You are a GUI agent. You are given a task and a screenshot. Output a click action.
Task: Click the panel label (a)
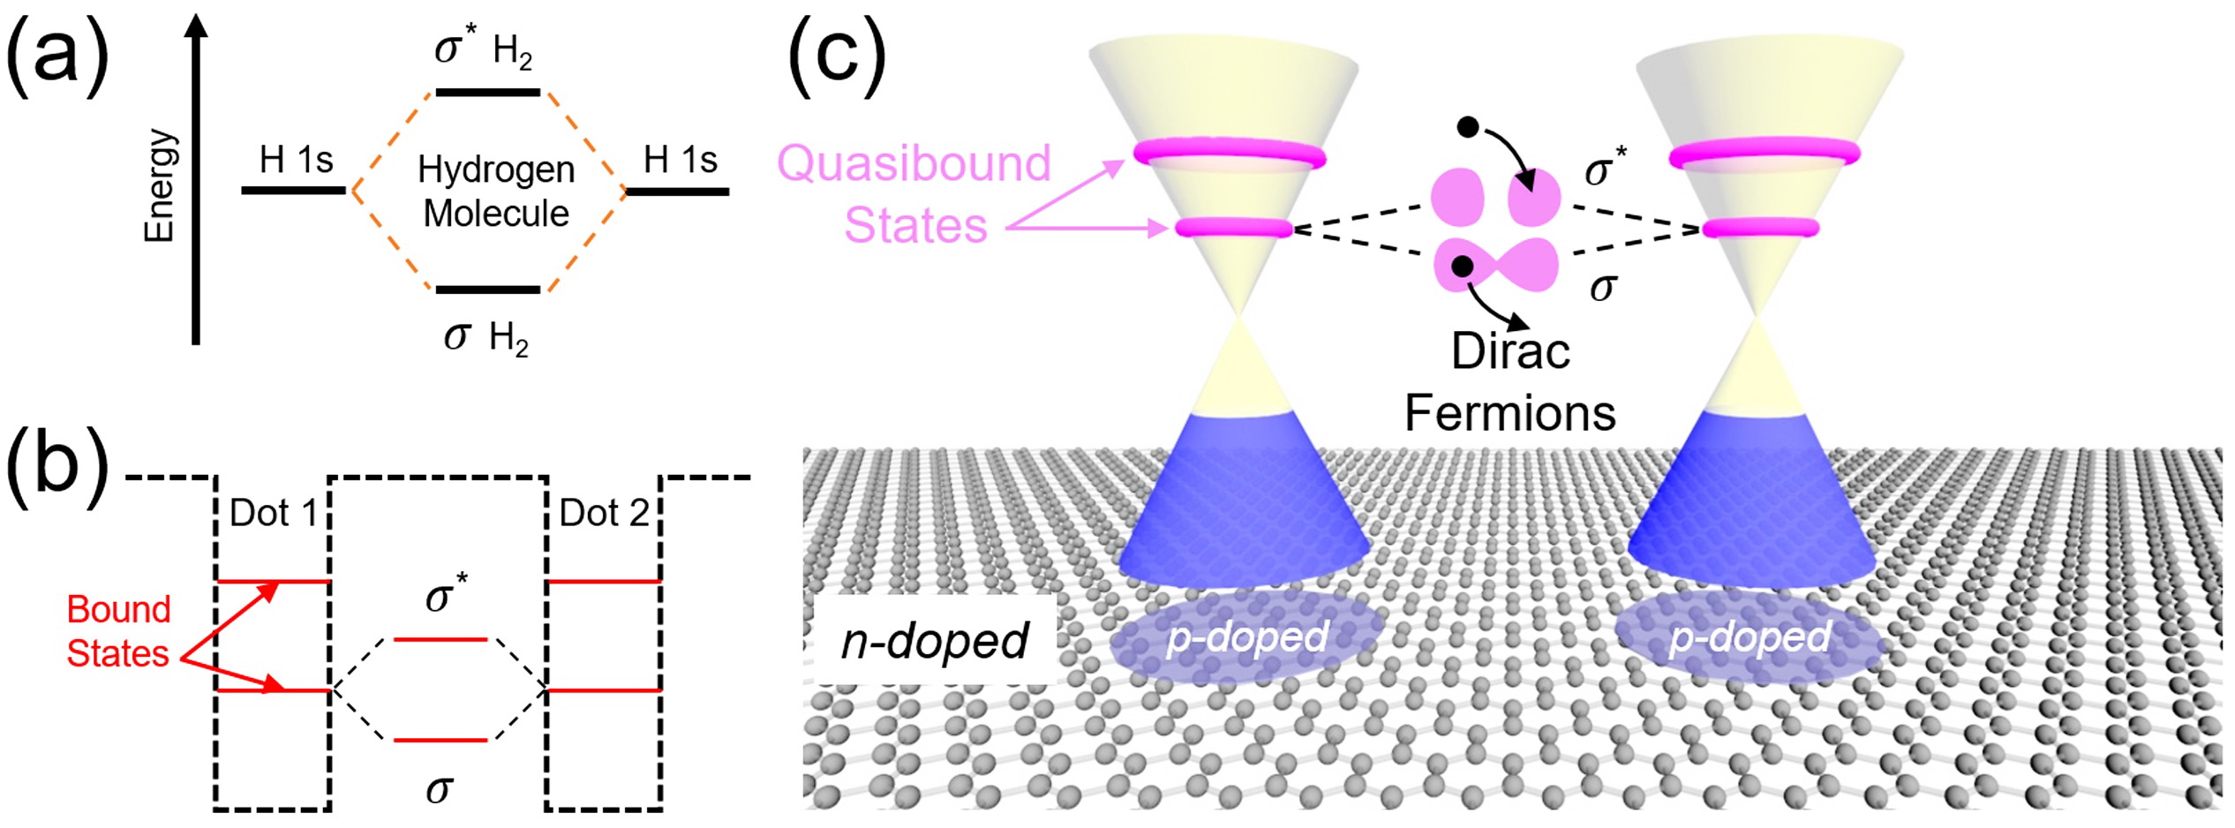click(56, 55)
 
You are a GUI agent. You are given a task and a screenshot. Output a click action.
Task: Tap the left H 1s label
click(296, 161)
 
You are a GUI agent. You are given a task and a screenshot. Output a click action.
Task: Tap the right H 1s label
click(680, 161)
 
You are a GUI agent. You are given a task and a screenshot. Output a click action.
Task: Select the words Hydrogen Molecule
click(496, 191)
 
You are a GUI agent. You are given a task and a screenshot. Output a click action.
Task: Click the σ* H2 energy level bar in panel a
click(487, 92)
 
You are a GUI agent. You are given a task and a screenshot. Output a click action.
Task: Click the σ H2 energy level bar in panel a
click(487, 290)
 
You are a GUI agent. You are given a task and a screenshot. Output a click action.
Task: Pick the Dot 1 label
click(273, 513)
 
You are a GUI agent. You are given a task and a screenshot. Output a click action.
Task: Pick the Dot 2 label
click(604, 513)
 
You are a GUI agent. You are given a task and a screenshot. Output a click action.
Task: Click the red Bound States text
click(118, 631)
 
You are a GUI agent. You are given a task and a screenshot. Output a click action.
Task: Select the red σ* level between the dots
click(440, 639)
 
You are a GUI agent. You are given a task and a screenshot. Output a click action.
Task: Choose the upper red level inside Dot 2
click(604, 582)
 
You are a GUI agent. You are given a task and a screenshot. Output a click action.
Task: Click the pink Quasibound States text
click(914, 193)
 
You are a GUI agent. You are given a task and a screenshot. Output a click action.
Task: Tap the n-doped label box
click(934, 640)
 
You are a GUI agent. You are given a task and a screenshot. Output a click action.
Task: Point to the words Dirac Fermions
click(1510, 382)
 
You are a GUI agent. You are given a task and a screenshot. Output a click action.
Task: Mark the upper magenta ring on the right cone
click(1765, 154)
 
